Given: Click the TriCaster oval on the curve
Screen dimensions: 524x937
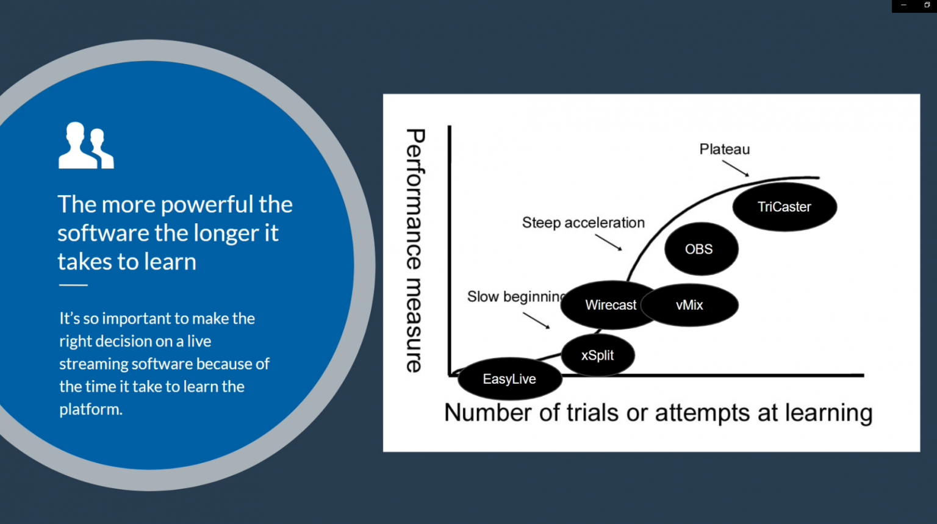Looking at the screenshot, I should point(784,207).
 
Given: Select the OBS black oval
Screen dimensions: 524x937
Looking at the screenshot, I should point(701,249).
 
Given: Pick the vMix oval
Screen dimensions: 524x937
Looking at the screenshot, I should point(690,305).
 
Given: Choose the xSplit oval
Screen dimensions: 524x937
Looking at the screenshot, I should point(598,355).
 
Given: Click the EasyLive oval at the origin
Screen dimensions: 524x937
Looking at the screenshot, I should point(509,379).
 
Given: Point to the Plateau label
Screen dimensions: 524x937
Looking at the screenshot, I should point(725,149).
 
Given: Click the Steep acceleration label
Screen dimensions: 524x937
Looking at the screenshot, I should point(583,223).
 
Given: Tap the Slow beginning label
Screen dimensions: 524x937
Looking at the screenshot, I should point(516,297).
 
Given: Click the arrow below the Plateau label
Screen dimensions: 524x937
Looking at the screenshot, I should point(736,168).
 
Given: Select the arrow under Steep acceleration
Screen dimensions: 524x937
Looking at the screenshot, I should point(609,243).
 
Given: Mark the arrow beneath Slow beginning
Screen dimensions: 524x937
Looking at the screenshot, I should point(536,321).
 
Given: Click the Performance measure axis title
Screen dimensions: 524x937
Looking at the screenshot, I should point(415,250).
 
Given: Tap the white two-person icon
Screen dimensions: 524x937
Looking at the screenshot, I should point(86,146).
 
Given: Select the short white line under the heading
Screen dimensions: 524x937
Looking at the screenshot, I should point(73,285).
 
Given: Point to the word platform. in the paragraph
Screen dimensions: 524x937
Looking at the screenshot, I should point(91,409).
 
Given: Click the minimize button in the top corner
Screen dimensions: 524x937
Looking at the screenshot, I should point(903,5).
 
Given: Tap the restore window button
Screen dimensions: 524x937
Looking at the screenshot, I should point(927,5).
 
